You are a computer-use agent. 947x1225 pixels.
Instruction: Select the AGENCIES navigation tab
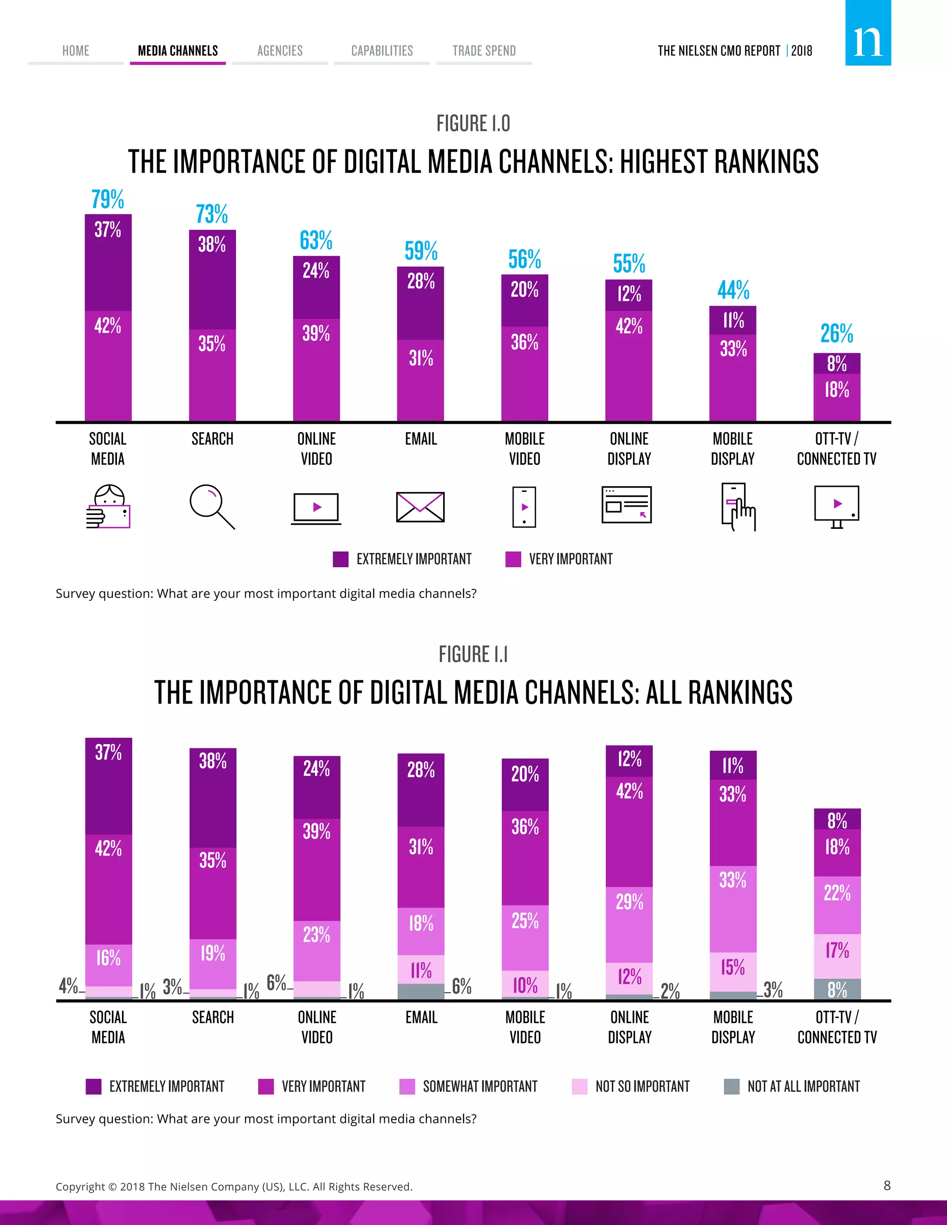tap(279, 51)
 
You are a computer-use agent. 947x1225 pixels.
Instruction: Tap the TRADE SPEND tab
tap(484, 51)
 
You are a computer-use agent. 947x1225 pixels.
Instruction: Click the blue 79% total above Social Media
tap(108, 200)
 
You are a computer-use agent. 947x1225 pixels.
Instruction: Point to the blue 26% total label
tap(836, 334)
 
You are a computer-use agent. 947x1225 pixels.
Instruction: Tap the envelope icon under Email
tap(420, 507)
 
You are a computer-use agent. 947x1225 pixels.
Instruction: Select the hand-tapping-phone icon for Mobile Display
tap(737, 507)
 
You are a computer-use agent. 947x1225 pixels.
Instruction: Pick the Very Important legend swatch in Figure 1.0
tap(513, 559)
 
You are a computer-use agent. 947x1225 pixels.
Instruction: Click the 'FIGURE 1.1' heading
tap(473, 654)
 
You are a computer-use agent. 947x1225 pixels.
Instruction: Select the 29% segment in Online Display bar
tap(629, 902)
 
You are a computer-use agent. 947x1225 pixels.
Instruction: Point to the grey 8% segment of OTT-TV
tap(836, 989)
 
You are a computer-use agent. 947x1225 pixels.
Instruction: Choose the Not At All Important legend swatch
tap(732, 1086)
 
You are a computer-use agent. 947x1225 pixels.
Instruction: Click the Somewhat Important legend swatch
tap(407, 1086)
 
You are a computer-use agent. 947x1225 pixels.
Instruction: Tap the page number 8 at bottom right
tap(887, 1185)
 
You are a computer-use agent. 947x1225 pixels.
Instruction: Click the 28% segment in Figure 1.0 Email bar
tap(420, 282)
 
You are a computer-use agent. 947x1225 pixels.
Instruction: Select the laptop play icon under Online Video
tap(316, 508)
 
